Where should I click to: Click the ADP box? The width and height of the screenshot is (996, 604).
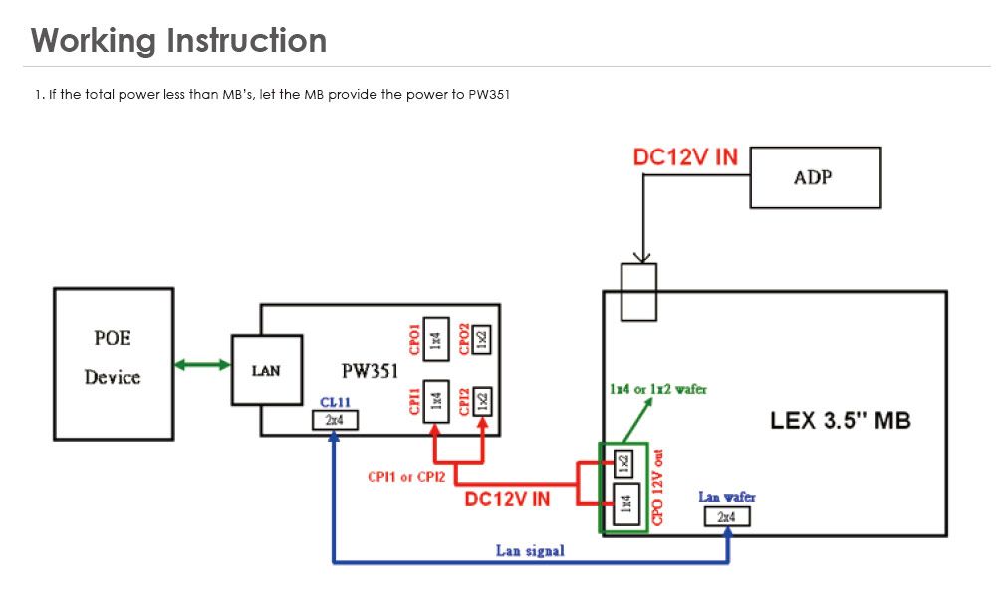point(815,177)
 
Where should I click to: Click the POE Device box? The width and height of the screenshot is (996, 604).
point(113,363)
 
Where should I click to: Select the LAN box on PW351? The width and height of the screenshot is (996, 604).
point(266,370)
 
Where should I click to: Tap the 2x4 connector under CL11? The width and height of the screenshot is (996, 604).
point(334,421)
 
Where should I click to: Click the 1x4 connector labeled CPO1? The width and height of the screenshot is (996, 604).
point(435,339)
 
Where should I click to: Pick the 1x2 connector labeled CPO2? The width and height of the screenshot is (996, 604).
point(482,339)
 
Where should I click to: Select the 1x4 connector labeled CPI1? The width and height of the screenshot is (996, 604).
point(435,401)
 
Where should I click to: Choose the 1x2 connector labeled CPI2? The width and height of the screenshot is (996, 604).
point(482,401)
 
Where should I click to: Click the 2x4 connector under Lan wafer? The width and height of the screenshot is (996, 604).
point(726,516)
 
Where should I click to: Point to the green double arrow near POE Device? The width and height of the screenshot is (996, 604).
point(202,365)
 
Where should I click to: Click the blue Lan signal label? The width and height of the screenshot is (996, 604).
point(530,550)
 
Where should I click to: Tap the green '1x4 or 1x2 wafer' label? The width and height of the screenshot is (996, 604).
point(656,388)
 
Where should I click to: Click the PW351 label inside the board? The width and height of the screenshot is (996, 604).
point(370,371)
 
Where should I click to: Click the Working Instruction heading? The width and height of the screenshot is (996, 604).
point(178,41)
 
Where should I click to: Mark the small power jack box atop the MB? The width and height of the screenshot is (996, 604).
point(638,292)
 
